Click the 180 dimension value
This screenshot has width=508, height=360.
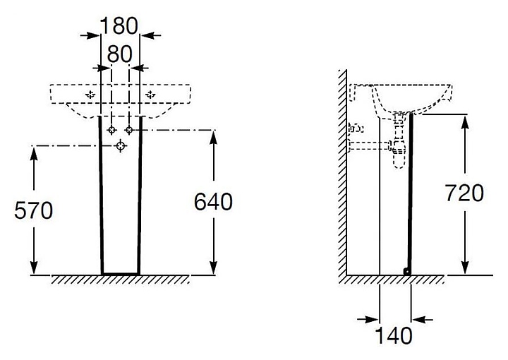119,25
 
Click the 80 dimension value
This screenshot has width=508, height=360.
119,54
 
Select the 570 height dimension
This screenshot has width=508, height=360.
33,210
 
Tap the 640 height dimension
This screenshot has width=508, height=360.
213,202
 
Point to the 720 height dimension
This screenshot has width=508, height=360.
464,193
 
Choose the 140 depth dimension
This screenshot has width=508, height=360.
394,335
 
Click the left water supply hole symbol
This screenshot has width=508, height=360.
111,131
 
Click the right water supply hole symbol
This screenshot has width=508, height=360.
129,131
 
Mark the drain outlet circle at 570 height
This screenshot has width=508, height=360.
121,146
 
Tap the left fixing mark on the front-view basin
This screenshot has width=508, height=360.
90,95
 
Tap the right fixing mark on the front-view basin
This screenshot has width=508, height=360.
150,95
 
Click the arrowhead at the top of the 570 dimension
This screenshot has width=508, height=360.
34,153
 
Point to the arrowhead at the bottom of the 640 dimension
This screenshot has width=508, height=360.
213,268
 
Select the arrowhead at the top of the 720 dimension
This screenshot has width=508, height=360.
465,122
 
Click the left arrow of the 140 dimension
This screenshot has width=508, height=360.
368,320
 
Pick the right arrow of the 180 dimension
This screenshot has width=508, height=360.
151,35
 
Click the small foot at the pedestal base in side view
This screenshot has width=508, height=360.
406,272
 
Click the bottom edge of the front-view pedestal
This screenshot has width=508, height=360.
121,274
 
